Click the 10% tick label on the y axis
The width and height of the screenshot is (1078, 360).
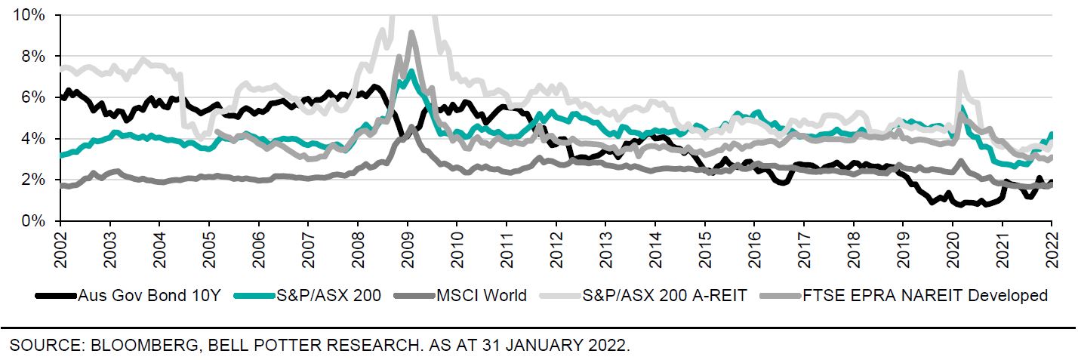29,15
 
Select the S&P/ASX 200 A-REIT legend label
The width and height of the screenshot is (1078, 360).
664,295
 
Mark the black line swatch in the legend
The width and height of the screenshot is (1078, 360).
56,295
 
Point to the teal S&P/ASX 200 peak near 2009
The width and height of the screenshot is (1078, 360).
410,72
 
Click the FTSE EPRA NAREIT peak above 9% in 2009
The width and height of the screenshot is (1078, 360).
411,33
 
